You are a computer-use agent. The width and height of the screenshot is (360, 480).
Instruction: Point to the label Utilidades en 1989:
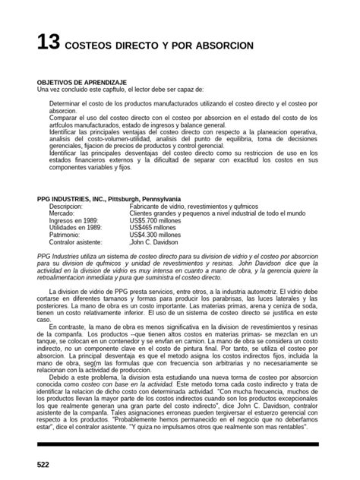point(80,231)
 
